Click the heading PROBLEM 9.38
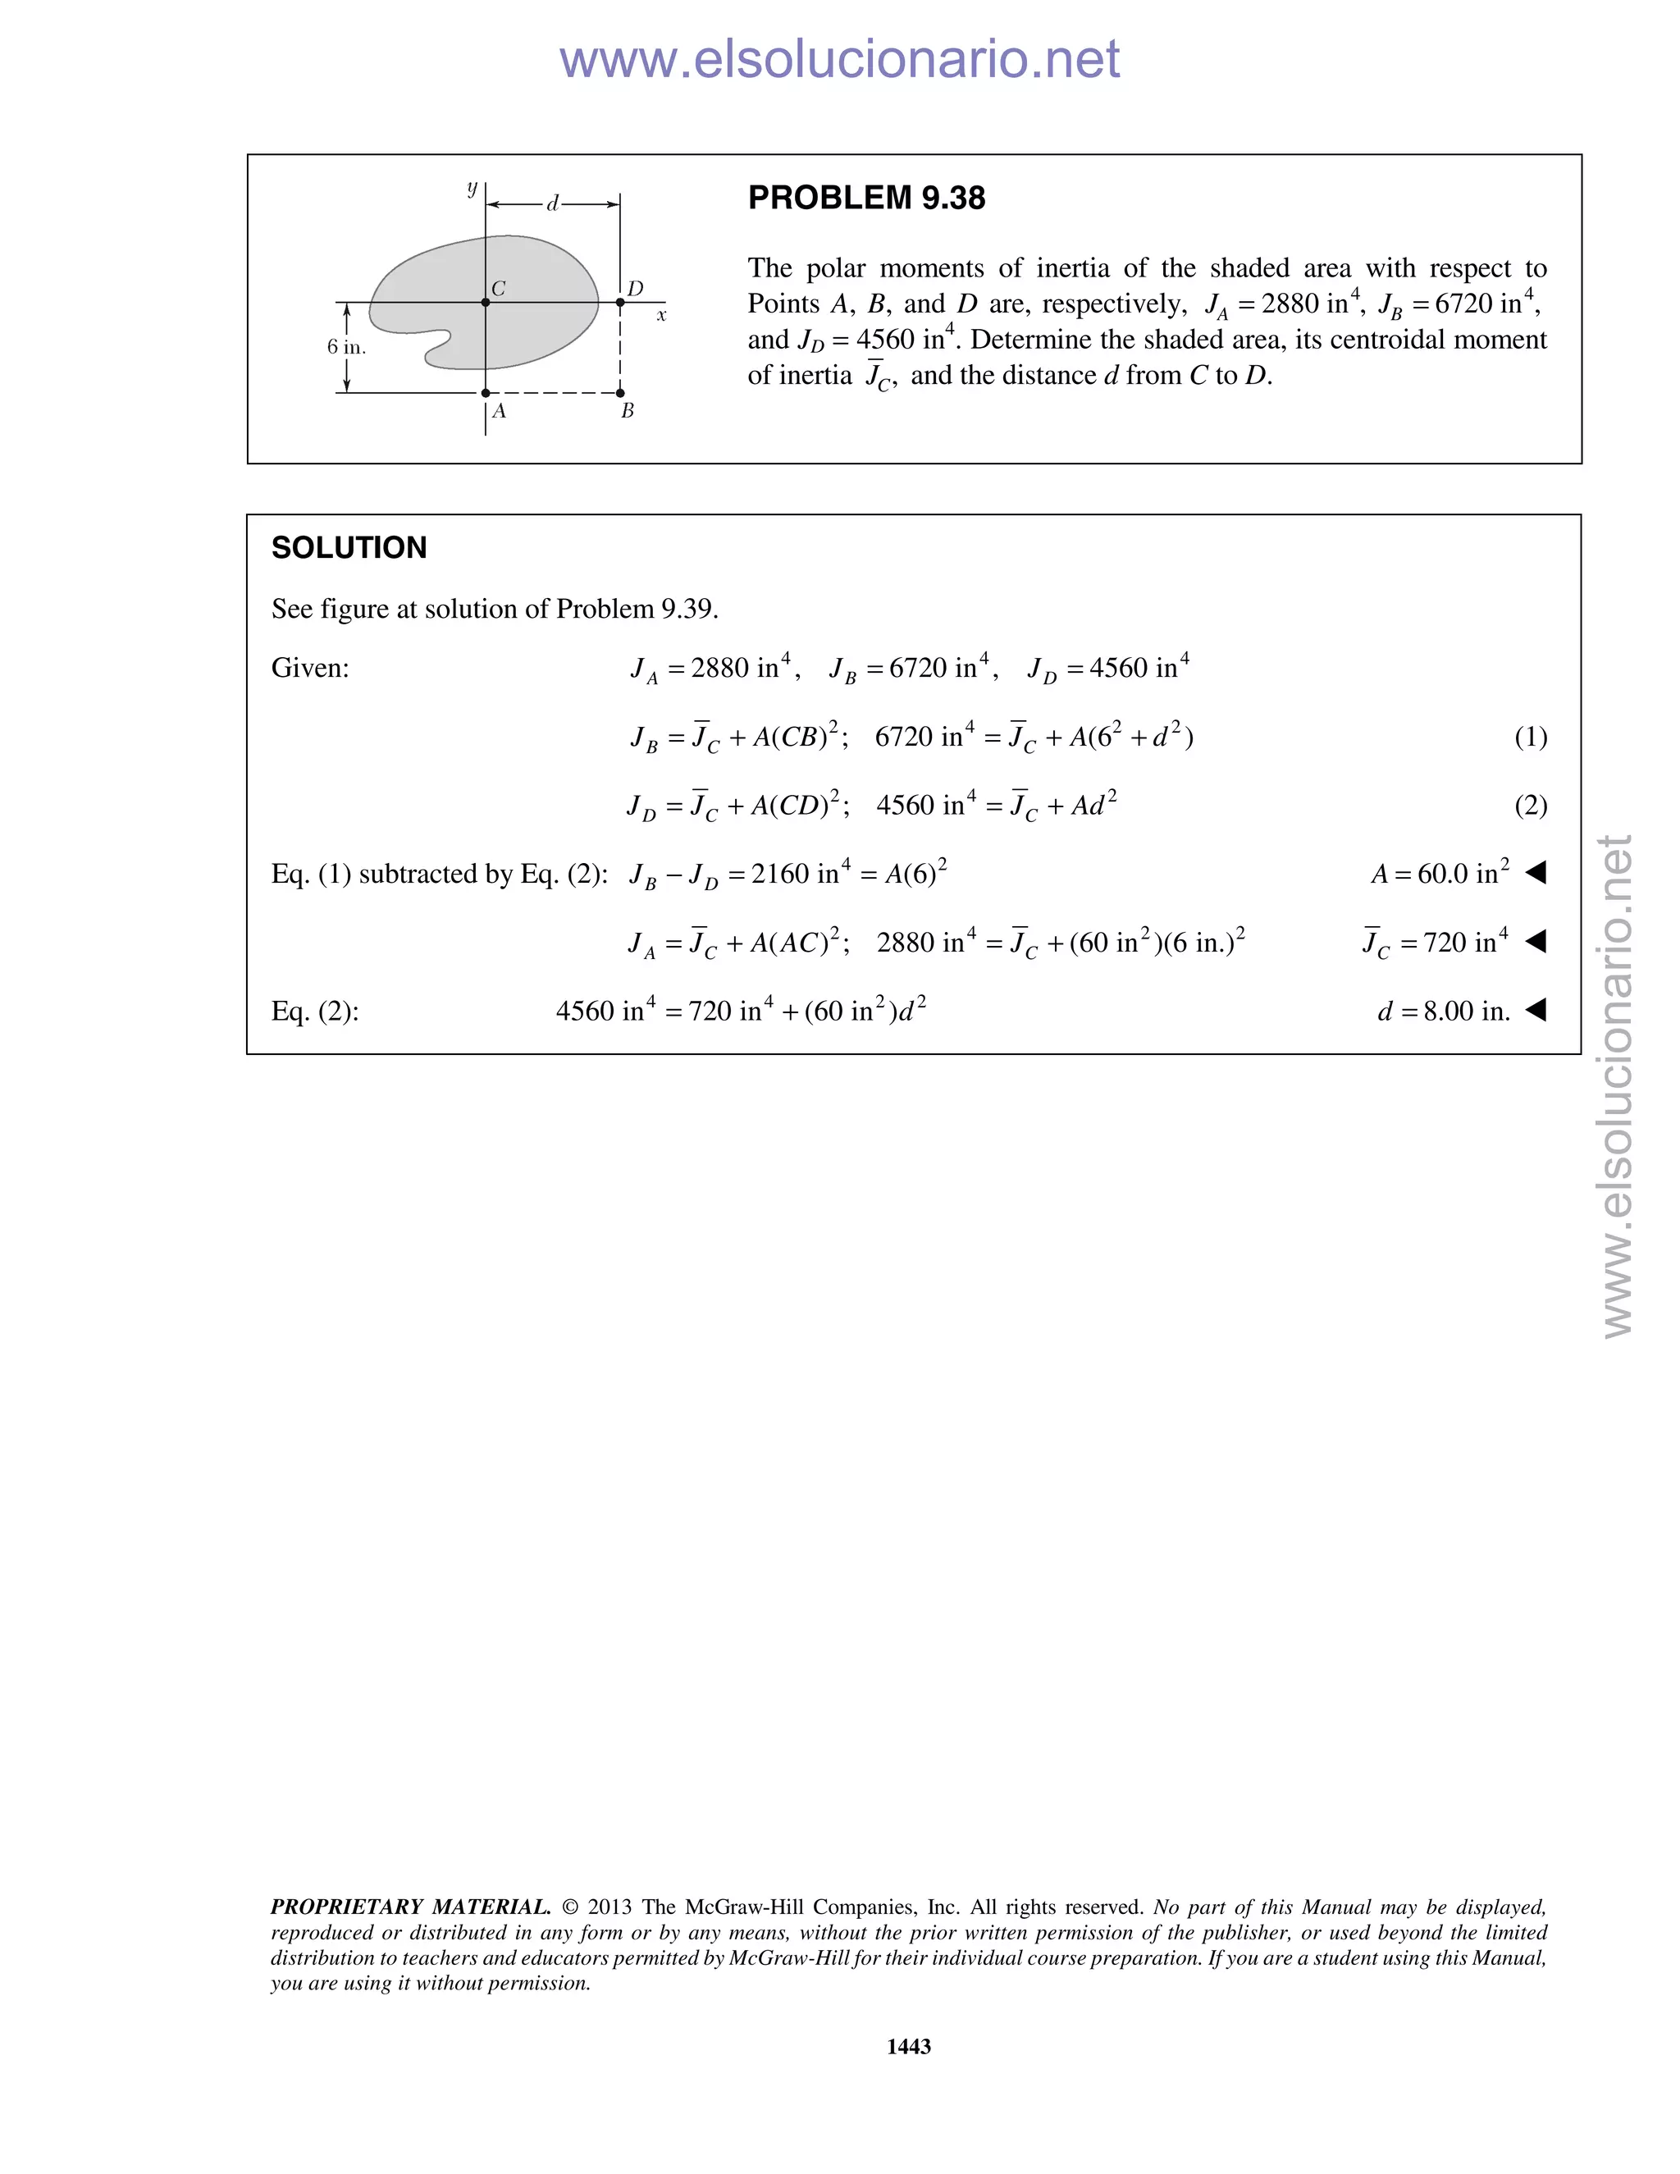[x=866, y=198]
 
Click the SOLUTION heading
[x=349, y=547]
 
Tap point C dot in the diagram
[x=486, y=302]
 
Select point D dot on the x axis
[x=620, y=302]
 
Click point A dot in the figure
[x=486, y=393]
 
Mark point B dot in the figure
[x=620, y=393]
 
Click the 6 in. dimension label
[x=346, y=347]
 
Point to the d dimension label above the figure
[x=552, y=204]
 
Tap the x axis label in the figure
[x=661, y=316]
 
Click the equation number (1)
[x=1531, y=737]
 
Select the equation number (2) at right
[x=1531, y=806]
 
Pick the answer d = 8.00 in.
[x=1443, y=1012]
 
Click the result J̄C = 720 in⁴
[x=1436, y=942]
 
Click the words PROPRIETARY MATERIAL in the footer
[x=410, y=1907]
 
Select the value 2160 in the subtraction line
[x=780, y=874]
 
